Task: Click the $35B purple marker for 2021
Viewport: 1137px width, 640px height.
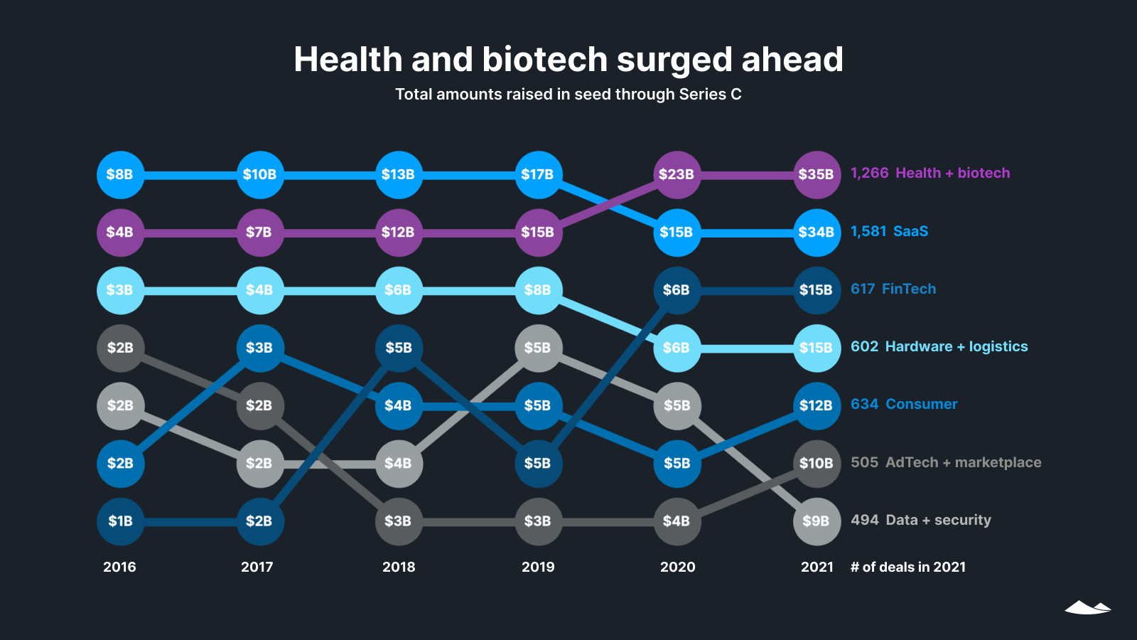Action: (x=817, y=174)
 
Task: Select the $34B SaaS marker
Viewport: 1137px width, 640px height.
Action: (x=817, y=233)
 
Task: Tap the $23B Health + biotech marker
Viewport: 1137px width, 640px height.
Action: (x=677, y=174)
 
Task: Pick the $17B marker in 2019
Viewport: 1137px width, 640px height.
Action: (x=538, y=174)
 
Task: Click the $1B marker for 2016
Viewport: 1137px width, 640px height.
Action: (x=120, y=521)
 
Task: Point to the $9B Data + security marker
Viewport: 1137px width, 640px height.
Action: (x=817, y=521)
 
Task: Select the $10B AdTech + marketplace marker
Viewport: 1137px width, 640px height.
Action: (x=817, y=464)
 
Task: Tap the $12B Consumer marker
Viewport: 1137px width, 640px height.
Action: (x=817, y=405)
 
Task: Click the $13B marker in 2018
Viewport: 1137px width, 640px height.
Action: (x=399, y=174)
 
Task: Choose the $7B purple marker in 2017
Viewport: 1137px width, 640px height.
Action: (x=259, y=233)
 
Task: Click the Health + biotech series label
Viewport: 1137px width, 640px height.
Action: (x=952, y=174)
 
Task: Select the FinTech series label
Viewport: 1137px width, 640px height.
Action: (x=909, y=289)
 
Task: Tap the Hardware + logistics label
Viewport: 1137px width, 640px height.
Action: (x=957, y=347)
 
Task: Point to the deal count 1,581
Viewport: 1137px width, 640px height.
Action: (x=868, y=232)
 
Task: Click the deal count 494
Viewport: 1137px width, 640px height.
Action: (x=865, y=521)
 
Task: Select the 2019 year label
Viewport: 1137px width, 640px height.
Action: (x=538, y=567)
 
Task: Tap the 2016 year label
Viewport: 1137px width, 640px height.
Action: (x=119, y=567)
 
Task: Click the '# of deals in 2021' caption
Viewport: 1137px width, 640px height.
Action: (x=908, y=567)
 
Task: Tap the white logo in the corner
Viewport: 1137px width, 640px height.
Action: (x=1087, y=607)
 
